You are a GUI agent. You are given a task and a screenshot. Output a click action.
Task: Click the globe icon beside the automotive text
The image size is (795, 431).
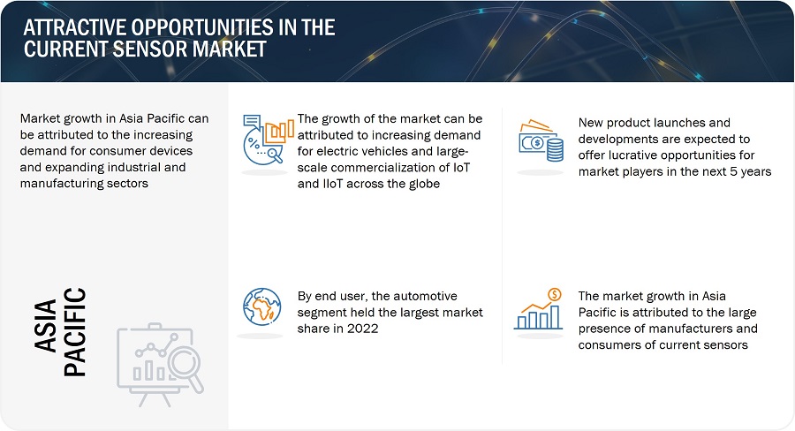[262, 306]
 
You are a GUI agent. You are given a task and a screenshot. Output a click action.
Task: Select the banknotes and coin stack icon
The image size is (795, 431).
[541, 141]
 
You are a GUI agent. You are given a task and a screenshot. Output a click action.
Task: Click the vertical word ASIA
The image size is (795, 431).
[46, 325]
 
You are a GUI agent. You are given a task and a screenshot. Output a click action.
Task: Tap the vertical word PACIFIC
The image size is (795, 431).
[75, 332]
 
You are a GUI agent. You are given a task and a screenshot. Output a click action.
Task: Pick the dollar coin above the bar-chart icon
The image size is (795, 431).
[555, 294]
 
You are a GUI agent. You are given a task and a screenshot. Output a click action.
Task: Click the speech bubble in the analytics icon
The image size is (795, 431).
[252, 122]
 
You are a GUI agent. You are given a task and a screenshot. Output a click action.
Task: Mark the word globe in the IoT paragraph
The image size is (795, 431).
[423, 184]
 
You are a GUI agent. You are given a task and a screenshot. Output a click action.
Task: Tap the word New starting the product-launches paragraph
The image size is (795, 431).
[591, 123]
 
